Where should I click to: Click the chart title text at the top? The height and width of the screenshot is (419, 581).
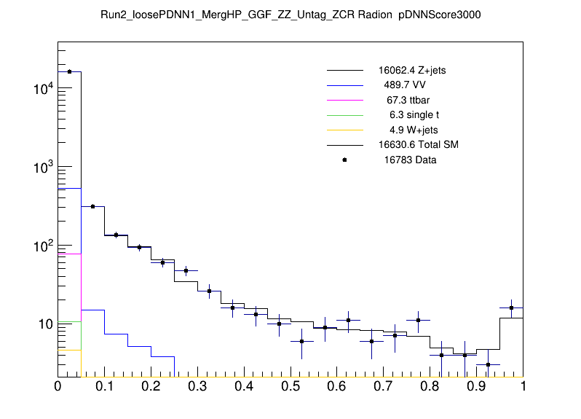pos(290,15)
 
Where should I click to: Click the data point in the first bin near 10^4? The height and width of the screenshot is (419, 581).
pos(70,71)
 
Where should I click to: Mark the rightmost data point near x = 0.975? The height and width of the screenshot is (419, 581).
pos(511,308)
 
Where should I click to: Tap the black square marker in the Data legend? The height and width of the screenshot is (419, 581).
pos(344,160)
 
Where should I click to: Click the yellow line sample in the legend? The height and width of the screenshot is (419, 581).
pos(344,130)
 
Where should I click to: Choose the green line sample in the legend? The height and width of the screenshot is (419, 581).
pos(344,115)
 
